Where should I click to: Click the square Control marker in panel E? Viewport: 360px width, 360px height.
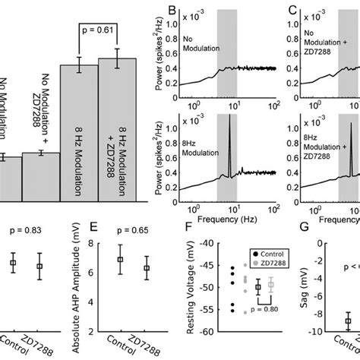[119, 259]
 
